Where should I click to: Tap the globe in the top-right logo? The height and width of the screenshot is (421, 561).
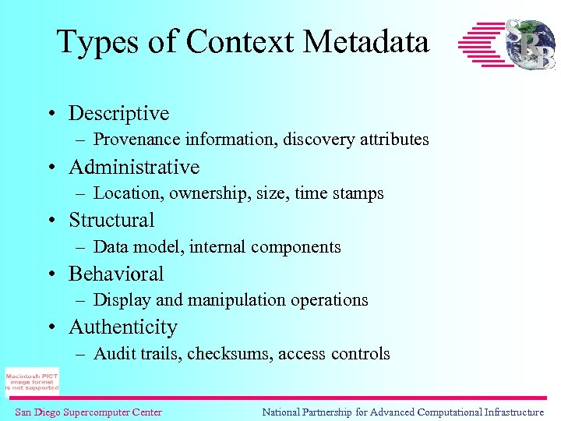(530, 44)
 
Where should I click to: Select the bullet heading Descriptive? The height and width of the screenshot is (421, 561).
(118, 114)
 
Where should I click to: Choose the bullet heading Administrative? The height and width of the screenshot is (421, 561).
(134, 167)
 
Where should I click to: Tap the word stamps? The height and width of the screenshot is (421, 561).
(358, 193)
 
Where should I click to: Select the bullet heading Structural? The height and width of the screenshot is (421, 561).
(111, 221)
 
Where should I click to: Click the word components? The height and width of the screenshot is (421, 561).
(298, 247)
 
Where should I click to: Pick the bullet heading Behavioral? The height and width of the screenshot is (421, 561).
(116, 274)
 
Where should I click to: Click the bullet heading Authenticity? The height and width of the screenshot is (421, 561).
(123, 327)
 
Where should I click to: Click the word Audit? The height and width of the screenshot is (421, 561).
(111, 354)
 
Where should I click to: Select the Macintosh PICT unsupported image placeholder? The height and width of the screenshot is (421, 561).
(32, 381)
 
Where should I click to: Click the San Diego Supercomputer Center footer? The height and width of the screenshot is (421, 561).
(88, 412)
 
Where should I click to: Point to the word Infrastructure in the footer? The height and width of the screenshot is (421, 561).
(506, 412)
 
